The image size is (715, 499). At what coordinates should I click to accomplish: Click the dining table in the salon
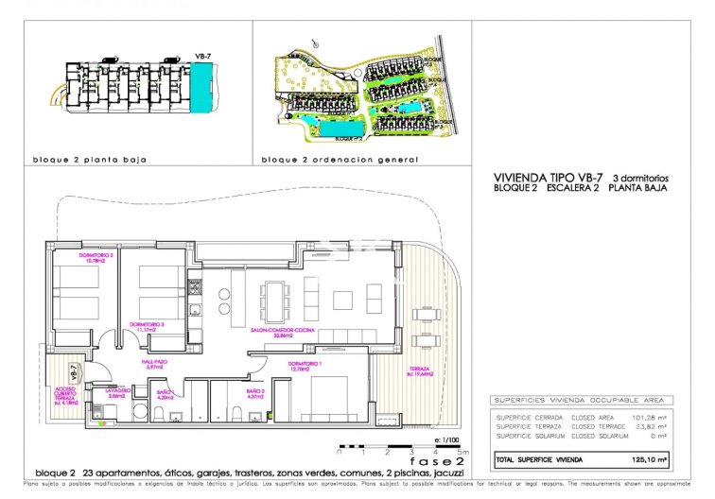(275, 301)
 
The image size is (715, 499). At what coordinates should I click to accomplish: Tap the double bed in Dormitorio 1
(328, 398)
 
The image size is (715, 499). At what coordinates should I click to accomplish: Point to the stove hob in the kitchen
(194, 283)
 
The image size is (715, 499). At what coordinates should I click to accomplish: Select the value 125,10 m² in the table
(653, 460)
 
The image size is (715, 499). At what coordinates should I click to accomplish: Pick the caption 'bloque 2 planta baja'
(90, 161)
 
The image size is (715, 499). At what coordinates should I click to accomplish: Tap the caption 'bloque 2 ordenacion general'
(339, 161)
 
